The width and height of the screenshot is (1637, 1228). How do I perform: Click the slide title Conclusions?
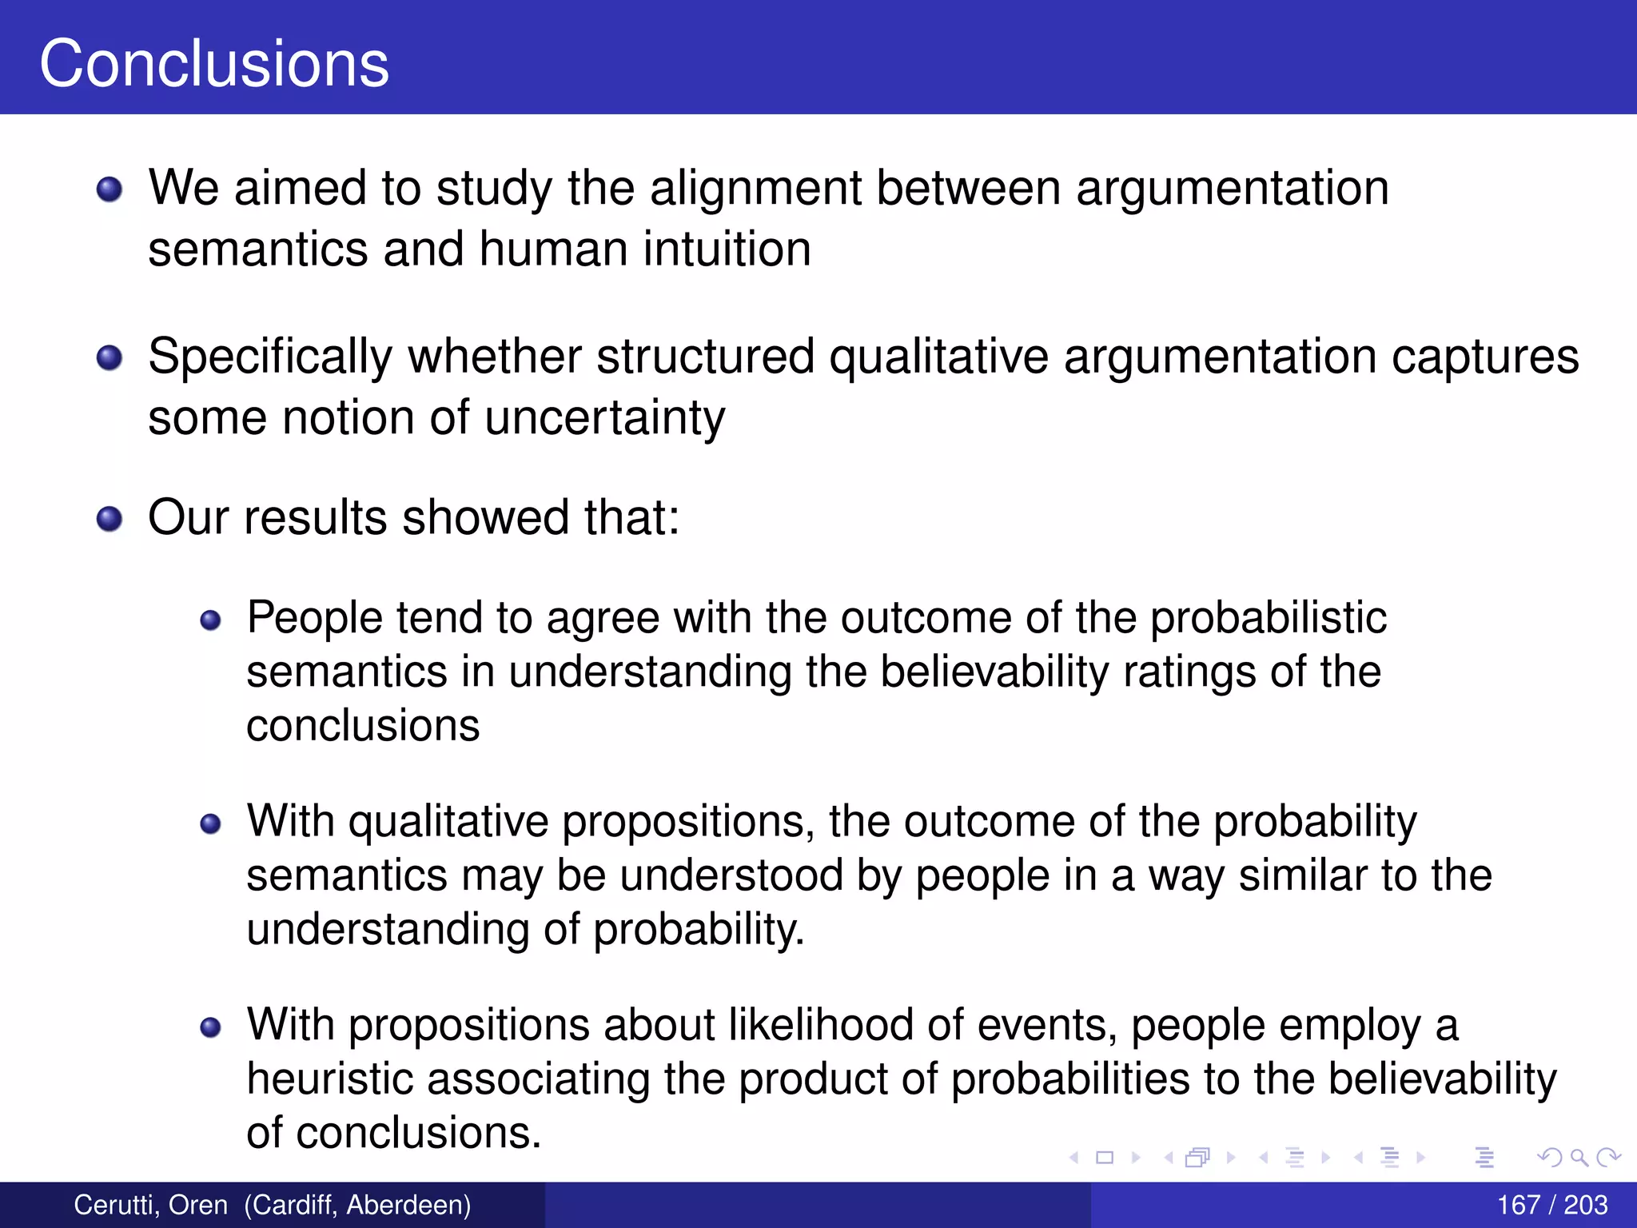(x=214, y=63)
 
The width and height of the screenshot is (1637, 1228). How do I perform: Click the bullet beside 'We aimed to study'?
(x=110, y=190)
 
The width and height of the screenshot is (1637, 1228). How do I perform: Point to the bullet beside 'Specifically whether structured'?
(x=110, y=358)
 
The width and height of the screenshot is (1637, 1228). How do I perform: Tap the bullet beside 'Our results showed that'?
(x=110, y=520)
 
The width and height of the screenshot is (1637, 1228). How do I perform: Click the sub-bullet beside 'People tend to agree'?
(x=210, y=620)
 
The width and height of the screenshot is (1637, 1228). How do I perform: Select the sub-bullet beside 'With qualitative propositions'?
(x=210, y=824)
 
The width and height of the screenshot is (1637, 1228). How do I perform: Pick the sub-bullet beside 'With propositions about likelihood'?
(x=210, y=1027)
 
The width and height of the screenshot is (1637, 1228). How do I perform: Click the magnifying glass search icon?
(x=1579, y=1157)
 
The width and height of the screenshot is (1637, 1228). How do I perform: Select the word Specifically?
(x=270, y=357)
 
